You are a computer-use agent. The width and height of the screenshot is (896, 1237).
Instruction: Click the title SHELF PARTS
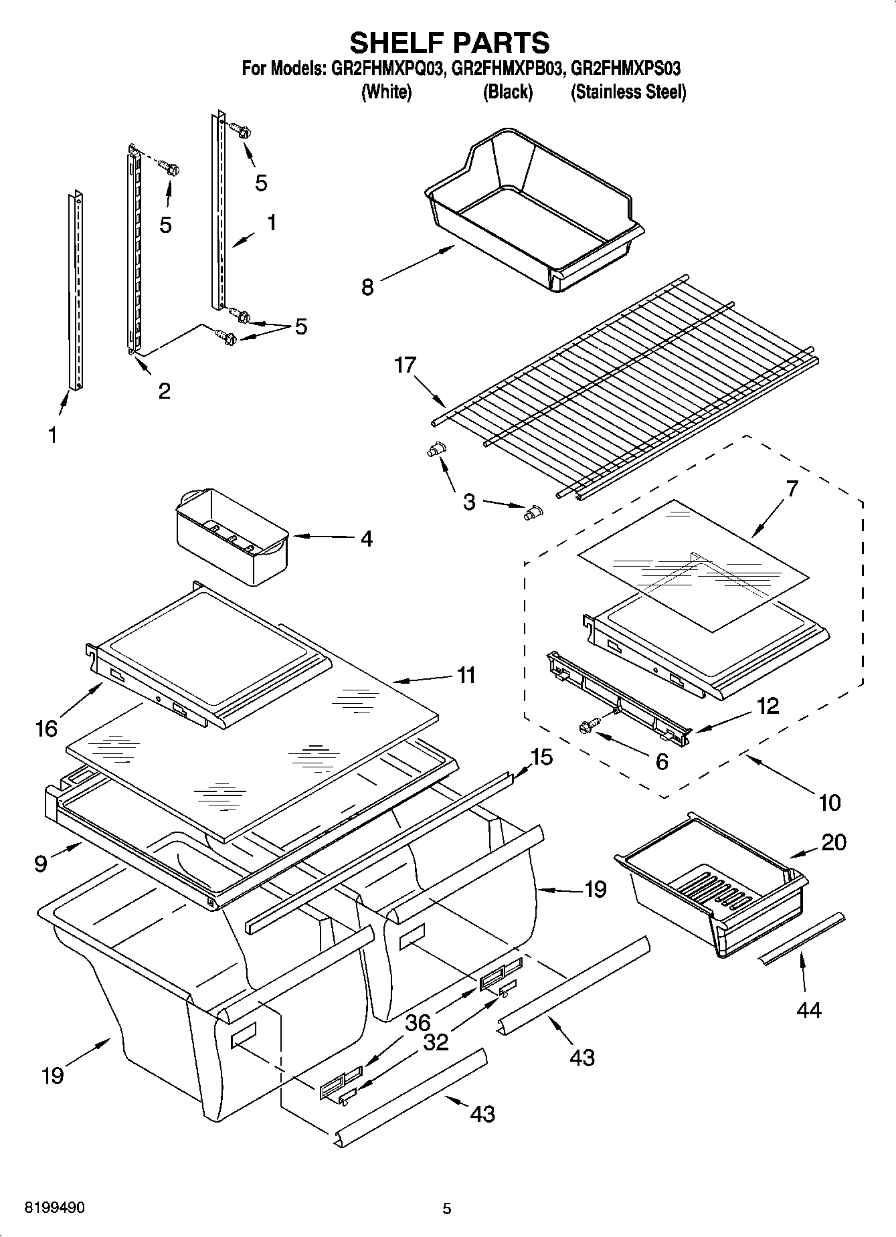click(x=449, y=42)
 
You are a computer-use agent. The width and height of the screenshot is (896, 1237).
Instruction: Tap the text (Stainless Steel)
click(x=628, y=92)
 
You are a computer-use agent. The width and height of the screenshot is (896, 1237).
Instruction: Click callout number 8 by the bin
click(x=367, y=287)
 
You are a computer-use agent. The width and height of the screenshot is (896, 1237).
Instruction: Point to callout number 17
click(x=405, y=366)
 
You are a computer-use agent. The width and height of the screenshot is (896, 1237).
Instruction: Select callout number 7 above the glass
click(x=792, y=489)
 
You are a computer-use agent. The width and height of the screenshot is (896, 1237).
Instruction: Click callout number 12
click(x=768, y=706)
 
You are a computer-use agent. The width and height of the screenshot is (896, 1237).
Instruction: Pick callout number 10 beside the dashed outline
click(x=829, y=801)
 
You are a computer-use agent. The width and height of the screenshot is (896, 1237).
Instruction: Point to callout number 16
click(x=46, y=729)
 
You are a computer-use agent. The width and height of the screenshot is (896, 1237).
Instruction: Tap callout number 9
click(x=41, y=864)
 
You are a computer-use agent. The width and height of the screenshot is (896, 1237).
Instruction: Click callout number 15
click(x=541, y=757)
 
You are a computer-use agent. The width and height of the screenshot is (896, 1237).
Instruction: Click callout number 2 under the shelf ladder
click(x=164, y=391)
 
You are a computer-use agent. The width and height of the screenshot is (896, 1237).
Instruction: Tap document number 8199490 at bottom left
click(x=54, y=1208)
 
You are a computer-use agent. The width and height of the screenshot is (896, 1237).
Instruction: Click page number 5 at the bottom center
click(x=447, y=1208)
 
